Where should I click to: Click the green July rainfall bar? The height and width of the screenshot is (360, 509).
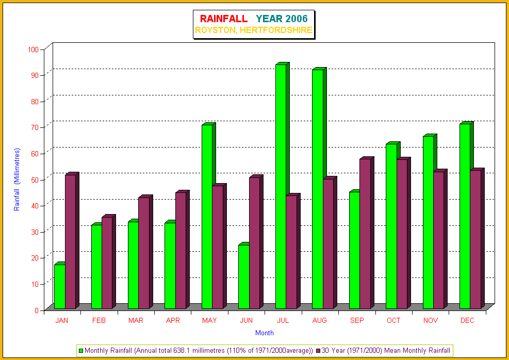click(281, 186)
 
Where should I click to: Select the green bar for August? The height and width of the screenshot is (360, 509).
click(317, 189)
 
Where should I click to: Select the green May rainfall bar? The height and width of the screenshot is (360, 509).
click(207, 217)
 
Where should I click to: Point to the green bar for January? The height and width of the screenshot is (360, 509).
click(59, 286)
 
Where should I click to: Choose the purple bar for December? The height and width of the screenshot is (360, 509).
click(475, 239)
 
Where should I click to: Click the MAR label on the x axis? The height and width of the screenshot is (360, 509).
click(136, 321)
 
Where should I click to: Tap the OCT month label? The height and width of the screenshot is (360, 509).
click(393, 321)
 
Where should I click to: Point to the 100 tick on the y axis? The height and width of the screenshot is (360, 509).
click(34, 50)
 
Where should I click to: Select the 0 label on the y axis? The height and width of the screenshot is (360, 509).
click(37, 310)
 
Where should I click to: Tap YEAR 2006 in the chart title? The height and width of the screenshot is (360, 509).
click(282, 19)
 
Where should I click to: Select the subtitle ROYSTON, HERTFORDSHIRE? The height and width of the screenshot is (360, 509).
click(253, 30)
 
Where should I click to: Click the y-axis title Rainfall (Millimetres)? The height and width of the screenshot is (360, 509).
click(17, 179)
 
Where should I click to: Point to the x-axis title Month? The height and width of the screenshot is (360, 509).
click(265, 333)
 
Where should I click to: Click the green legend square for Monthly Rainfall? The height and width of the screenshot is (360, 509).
click(81, 351)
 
